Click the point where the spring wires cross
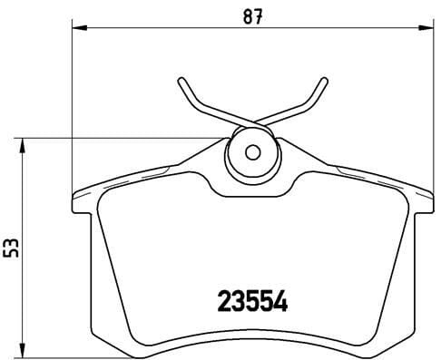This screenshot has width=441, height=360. (x=251, y=124)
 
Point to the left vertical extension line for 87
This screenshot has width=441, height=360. (x=72, y=109)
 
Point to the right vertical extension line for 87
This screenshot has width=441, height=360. (x=431, y=109)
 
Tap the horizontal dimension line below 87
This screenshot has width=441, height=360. (x=181, y=29)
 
